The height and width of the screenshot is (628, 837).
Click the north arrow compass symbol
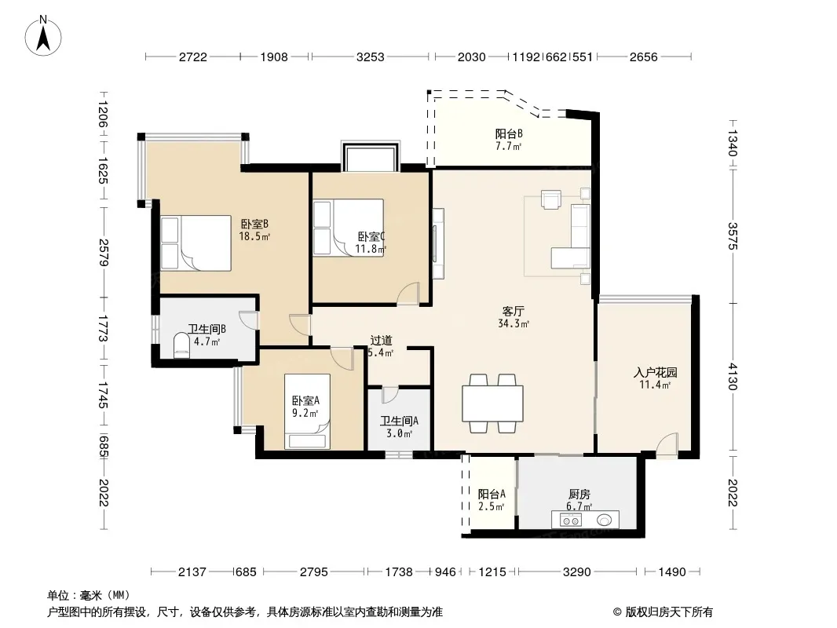click(43, 35)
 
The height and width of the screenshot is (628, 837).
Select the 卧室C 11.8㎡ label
click(371, 243)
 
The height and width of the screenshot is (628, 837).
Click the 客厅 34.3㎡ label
click(514, 317)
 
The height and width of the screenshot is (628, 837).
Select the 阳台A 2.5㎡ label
click(491, 500)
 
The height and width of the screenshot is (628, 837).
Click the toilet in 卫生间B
click(182, 345)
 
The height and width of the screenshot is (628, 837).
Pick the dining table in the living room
click(492, 403)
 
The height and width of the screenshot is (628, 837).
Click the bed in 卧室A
click(307, 411)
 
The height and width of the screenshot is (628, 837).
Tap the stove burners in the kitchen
click(572, 519)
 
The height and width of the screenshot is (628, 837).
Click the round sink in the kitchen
click(605, 519)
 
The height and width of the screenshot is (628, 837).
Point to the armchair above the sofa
click(551, 199)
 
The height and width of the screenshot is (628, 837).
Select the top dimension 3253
click(370, 57)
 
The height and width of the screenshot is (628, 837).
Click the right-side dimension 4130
click(733, 377)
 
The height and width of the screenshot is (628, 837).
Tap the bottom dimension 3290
click(577, 572)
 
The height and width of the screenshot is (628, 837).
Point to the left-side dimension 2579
click(104, 252)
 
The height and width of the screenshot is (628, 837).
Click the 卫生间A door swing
click(390, 395)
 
